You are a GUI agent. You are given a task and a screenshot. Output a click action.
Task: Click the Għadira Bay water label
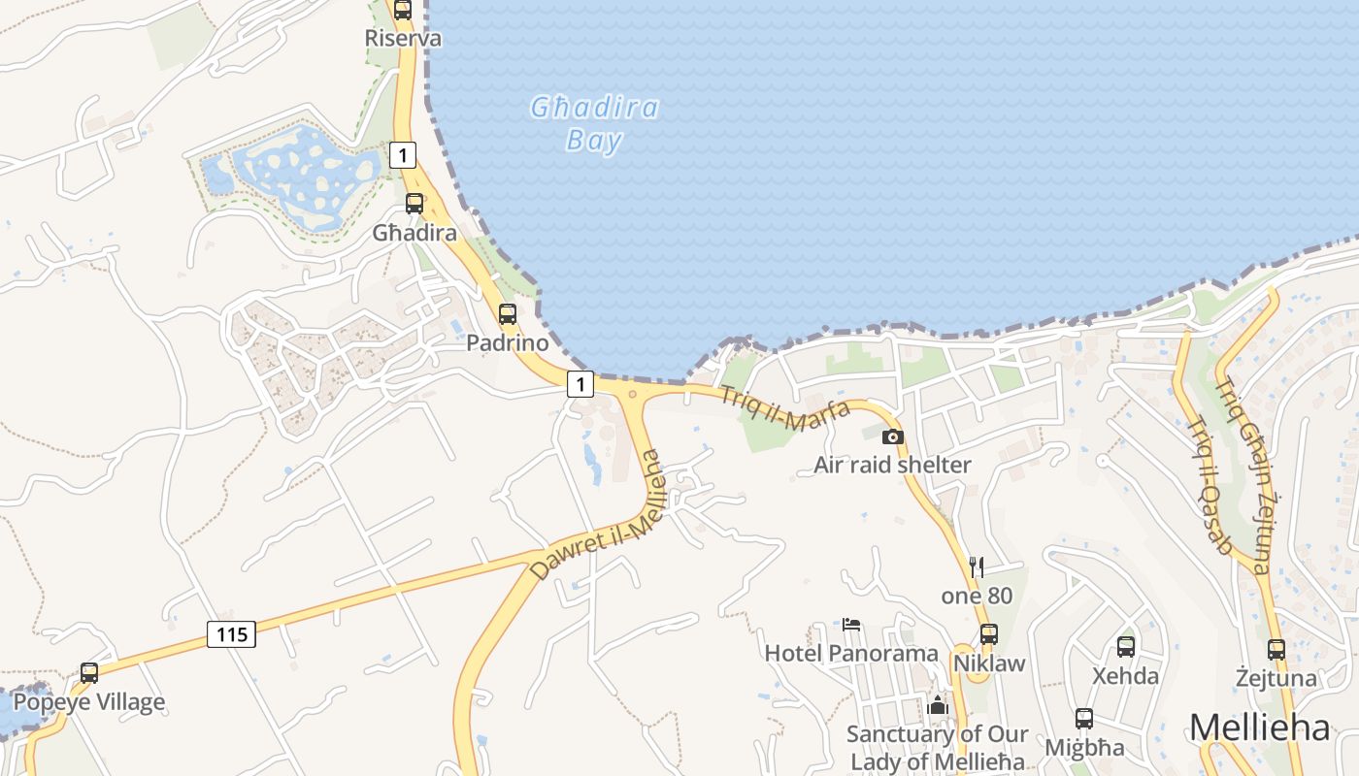click(x=594, y=123)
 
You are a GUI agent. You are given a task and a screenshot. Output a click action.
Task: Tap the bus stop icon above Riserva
click(x=403, y=10)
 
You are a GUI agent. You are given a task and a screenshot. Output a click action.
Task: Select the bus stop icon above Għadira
click(x=414, y=204)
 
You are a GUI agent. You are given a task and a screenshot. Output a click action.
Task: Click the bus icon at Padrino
click(x=507, y=314)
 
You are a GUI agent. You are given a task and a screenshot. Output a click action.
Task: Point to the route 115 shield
click(x=231, y=635)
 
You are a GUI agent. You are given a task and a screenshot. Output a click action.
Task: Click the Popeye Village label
click(x=89, y=701)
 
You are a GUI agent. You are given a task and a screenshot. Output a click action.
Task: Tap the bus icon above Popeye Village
click(x=89, y=672)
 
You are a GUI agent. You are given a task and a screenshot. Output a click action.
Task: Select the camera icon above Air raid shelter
click(x=893, y=437)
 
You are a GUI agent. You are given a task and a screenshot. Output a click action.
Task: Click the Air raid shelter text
click(x=892, y=465)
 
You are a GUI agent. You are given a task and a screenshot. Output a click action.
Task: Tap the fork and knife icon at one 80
click(x=977, y=567)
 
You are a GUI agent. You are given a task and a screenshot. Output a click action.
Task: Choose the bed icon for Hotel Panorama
click(x=851, y=625)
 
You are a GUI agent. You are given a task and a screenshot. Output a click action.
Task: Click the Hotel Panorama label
click(x=851, y=653)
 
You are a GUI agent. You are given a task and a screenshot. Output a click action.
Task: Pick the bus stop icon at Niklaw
click(x=988, y=634)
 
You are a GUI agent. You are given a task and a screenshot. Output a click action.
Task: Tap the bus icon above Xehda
click(x=1126, y=646)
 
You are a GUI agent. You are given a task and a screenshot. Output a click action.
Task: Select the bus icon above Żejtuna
click(x=1276, y=649)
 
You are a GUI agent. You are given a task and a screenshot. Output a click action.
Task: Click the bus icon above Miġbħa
click(x=1084, y=719)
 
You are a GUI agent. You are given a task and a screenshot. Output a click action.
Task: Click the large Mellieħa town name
click(x=1258, y=727)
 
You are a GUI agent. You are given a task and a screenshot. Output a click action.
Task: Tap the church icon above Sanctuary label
click(x=937, y=705)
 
